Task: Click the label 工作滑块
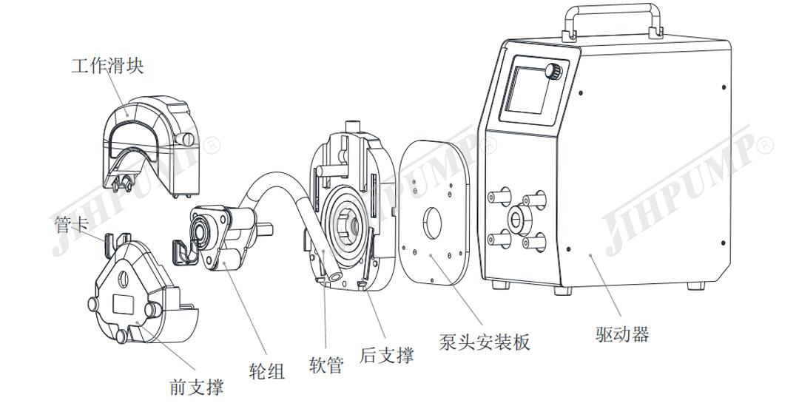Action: [x=107, y=66]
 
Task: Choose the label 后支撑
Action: [x=386, y=355]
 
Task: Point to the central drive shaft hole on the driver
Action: [x=515, y=220]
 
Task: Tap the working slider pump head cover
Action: [x=149, y=141]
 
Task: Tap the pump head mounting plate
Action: [x=436, y=211]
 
